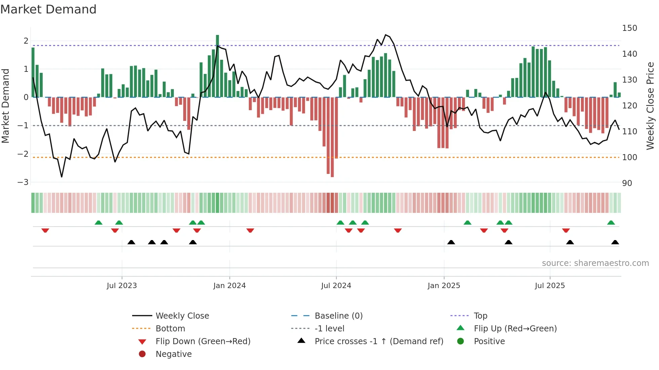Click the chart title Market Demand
point(48,9)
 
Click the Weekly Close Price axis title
point(650,106)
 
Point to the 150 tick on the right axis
point(629,28)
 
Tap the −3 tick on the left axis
point(23,182)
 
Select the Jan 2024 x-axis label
point(229,286)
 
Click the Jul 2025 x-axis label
point(550,286)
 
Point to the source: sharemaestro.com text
point(595,263)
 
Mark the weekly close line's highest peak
point(386,35)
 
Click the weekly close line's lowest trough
point(62,177)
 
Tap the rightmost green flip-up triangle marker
point(611,223)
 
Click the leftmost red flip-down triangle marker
point(45,230)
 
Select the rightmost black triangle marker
point(615,242)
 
